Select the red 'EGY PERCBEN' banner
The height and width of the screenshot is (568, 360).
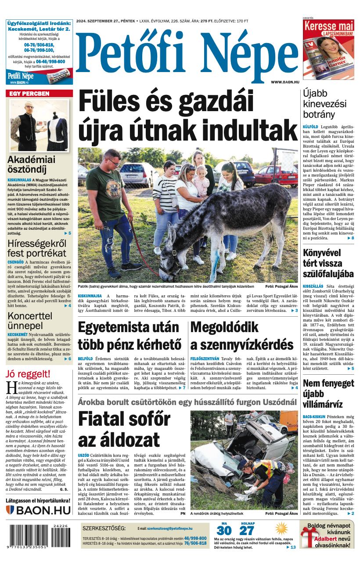click(x=39, y=94)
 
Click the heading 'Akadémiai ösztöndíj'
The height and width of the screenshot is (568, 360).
click(x=32, y=165)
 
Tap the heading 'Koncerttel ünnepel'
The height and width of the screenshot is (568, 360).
click(x=30, y=321)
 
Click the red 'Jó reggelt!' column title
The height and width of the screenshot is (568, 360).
click(x=28, y=374)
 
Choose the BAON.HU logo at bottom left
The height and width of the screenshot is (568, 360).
click(x=38, y=510)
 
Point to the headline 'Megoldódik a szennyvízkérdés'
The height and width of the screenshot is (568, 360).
click(x=242, y=336)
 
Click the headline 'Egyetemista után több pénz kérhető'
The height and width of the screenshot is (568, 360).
click(x=130, y=336)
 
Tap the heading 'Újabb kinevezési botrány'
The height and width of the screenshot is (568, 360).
click(x=324, y=104)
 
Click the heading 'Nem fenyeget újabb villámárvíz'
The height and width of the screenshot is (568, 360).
click(x=328, y=393)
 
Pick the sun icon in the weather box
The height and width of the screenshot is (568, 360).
click(x=281, y=528)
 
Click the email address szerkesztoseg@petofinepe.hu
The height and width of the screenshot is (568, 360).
click(x=169, y=528)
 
